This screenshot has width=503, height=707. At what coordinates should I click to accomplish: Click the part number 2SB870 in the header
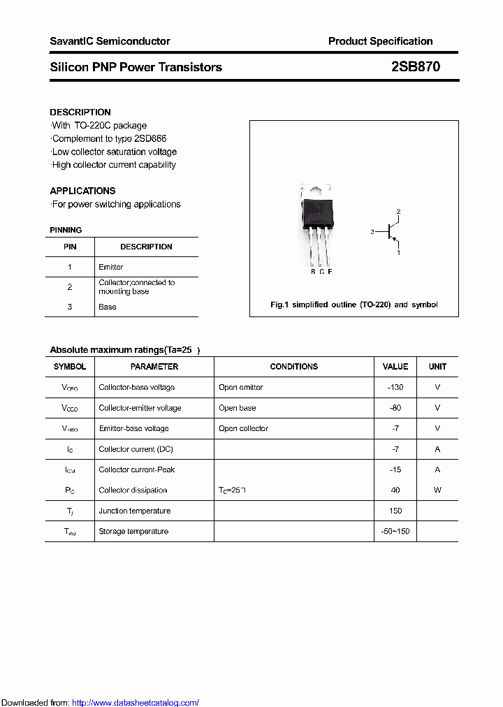point(416,67)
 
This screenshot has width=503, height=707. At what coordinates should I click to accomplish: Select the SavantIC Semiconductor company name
point(110,41)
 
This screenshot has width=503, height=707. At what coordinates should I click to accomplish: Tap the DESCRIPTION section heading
point(80,112)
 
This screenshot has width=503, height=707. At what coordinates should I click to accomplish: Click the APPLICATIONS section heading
point(82,191)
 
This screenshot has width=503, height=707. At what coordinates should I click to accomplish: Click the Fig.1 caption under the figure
point(353,305)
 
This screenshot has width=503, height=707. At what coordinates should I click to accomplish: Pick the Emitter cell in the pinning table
point(111,267)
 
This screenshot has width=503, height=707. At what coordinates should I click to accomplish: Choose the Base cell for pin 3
point(108,307)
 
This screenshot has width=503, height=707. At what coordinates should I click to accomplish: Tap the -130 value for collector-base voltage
point(395,387)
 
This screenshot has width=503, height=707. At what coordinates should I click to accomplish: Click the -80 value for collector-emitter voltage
point(395,408)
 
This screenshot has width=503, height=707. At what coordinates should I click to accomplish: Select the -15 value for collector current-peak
point(395,469)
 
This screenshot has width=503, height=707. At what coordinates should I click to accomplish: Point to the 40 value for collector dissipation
point(395,490)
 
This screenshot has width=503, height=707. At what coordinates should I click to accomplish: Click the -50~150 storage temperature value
point(395,532)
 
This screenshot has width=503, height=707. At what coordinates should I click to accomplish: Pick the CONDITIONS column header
point(293,367)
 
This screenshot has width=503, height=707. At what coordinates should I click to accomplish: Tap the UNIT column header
point(437,367)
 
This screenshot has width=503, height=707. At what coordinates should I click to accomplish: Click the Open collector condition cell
point(243,428)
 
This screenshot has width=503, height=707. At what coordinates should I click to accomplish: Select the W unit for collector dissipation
point(437,490)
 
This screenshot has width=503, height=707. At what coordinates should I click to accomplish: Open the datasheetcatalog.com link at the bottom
point(136,703)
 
